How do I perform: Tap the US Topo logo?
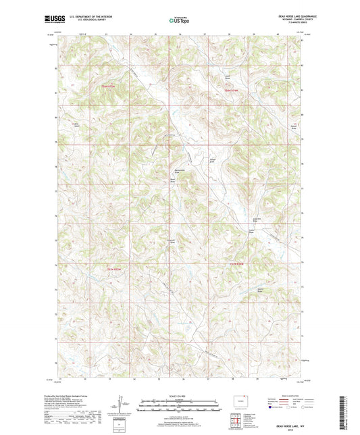pos(179,21)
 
